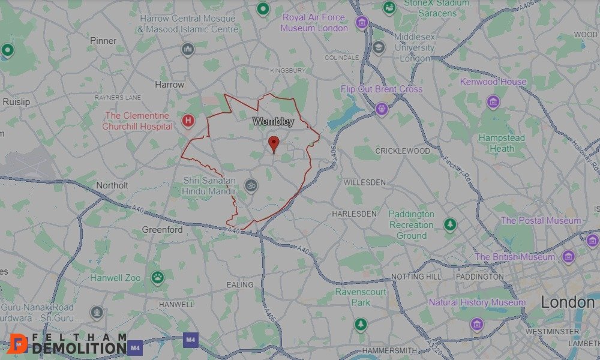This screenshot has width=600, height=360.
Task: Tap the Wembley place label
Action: (x=274, y=122)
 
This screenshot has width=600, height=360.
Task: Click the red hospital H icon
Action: (x=188, y=121)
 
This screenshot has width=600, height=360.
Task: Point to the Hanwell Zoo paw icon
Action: (x=157, y=277)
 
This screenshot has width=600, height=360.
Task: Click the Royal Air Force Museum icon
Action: (x=361, y=23)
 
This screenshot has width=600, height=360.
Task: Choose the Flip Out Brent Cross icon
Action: (x=382, y=109)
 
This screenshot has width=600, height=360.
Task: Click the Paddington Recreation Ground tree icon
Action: (x=450, y=225)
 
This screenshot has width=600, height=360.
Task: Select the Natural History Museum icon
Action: (x=477, y=324)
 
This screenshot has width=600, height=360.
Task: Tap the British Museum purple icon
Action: (x=568, y=257)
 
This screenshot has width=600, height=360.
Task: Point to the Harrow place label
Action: (x=170, y=85)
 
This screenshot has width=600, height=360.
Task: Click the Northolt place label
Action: (x=112, y=185)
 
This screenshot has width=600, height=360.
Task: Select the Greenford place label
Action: (x=162, y=230)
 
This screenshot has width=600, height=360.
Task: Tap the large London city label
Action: (x=568, y=302)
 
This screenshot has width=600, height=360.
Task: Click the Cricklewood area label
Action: (x=403, y=151)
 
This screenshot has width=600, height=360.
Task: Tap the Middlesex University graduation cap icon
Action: (x=378, y=47)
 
